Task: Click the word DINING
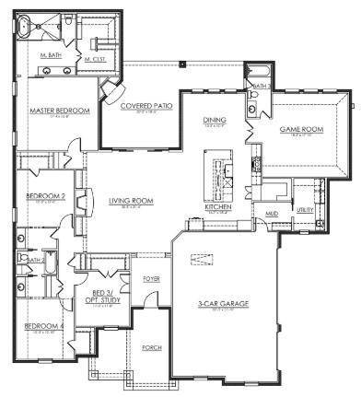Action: pyautogui.click(x=214, y=120)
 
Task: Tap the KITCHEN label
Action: pyautogui.click(x=217, y=207)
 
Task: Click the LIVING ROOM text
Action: pyautogui.click(x=131, y=201)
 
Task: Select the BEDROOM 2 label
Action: pyautogui.click(x=44, y=196)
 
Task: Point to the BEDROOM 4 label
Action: pyautogui.click(x=43, y=327)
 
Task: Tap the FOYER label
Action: pyautogui.click(x=151, y=277)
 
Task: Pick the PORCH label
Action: pyautogui.click(x=152, y=347)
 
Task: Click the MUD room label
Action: pyautogui.click(x=273, y=214)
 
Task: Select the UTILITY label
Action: pyautogui.click(x=305, y=211)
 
